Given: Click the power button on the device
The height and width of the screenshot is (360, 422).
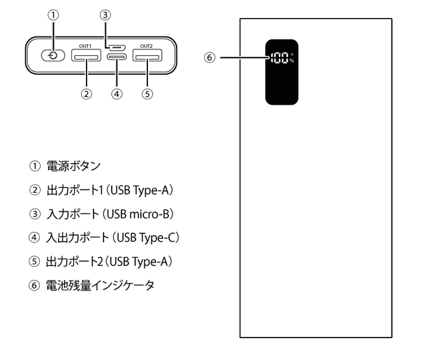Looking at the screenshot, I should (53, 56).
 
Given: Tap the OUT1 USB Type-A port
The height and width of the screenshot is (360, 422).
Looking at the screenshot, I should (86, 56).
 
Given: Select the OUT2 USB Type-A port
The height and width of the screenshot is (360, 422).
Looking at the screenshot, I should (147, 56).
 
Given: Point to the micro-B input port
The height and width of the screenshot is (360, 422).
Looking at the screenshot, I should (117, 48).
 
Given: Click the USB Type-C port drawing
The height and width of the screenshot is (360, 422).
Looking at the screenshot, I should (117, 58).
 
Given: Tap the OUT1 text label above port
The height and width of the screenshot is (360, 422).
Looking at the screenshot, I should (86, 44).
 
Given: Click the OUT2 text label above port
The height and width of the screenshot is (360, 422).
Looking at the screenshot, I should (147, 44).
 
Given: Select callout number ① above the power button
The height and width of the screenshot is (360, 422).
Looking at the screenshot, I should (53, 15).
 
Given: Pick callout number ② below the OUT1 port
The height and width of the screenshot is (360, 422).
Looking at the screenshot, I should (86, 94).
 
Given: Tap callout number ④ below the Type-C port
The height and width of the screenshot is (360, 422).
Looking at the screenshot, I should (117, 94).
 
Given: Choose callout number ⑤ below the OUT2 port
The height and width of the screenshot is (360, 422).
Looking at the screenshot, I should (147, 94).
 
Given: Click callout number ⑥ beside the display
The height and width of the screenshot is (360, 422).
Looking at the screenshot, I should (210, 57).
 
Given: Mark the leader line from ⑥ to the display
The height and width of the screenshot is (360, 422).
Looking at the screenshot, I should (242, 57).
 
